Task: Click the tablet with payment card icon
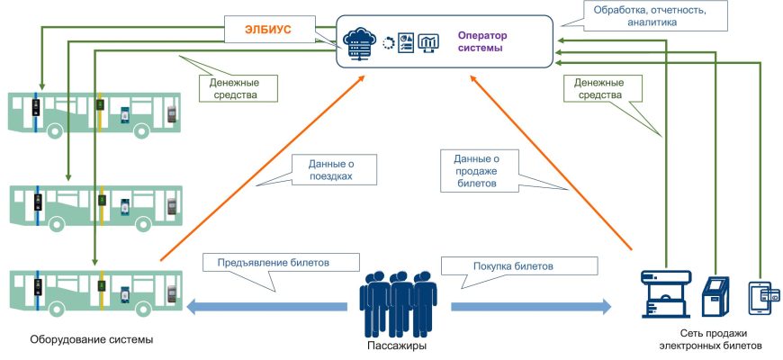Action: pyautogui.click(x=763, y=296)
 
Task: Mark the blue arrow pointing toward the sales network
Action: pyautogui.click(x=530, y=307)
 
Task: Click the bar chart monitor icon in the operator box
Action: pyautogui.click(x=427, y=42)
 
